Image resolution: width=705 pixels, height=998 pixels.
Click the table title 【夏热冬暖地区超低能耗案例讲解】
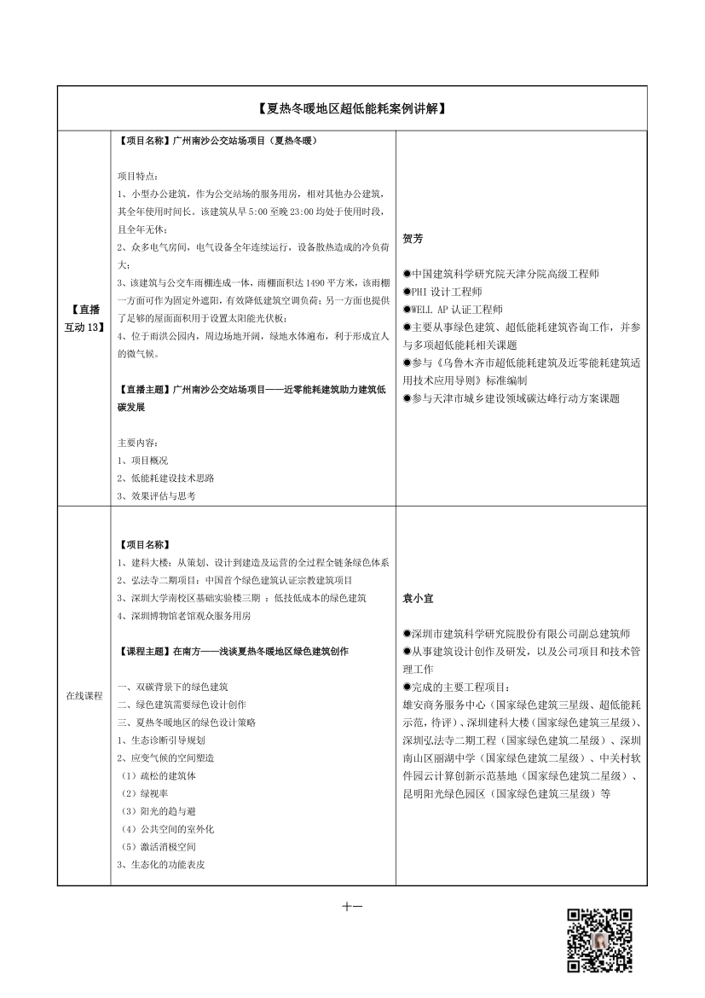click(x=351, y=109)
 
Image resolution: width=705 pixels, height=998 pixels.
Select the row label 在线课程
click(x=84, y=695)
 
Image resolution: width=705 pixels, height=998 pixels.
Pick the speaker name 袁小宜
click(x=418, y=599)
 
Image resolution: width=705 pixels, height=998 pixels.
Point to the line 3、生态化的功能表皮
click(x=160, y=864)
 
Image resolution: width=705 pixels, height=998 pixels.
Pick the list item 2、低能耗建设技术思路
click(x=165, y=478)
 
